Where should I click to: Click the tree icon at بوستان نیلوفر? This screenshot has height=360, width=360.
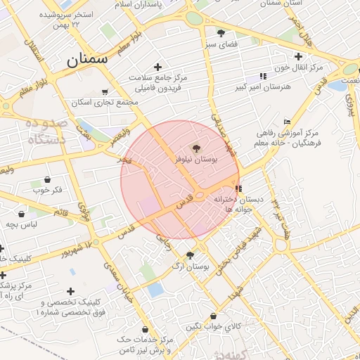(x=196, y=148)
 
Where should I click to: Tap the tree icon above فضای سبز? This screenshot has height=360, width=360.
(x=221, y=33)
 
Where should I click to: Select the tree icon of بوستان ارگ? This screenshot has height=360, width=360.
(x=190, y=255)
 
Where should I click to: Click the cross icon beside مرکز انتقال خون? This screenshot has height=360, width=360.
(x=299, y=56)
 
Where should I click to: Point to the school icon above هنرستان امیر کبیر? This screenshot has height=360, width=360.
(x=263, y=76)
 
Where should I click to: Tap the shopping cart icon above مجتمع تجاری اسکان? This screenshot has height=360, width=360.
(x=105, y=91)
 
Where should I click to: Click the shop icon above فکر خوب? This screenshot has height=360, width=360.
(x=47, y=179)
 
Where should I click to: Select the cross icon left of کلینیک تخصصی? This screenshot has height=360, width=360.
(x=70, y=291)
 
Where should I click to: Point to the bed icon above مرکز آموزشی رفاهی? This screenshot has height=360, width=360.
(x=287, y=122)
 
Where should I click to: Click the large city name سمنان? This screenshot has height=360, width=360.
(x=88, y=60)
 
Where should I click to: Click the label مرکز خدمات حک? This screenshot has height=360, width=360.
(x=143, y=339)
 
